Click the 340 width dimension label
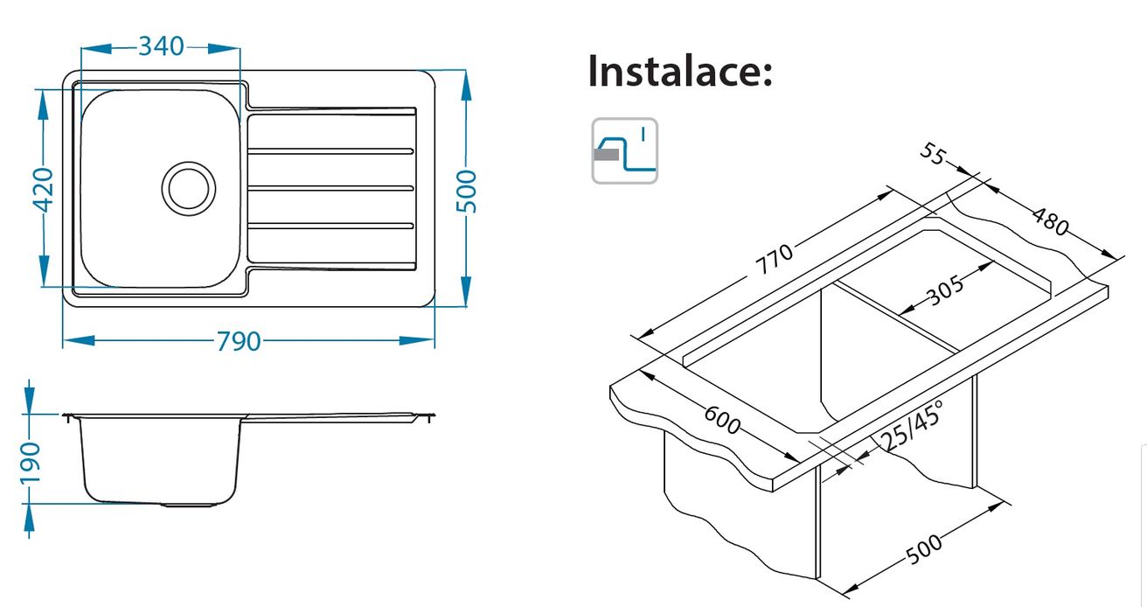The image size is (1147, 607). click(161, 46)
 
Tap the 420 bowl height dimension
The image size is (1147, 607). click(43, 190)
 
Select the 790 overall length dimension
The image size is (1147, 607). click(239, 341)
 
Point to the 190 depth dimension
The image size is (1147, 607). click(30, 463)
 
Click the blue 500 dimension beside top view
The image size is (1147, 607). click(467, 192)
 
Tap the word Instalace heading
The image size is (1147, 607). click(680, 71)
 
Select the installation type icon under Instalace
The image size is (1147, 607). click(625, 150)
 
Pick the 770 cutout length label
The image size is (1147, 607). click(775, 259)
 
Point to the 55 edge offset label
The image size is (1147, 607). click(934, 154)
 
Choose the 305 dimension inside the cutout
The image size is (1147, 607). click(945, 290)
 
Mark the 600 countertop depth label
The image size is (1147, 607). click(722, 420)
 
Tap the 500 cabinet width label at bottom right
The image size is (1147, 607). click(924, 549)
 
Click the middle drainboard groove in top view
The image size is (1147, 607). click(330, 189)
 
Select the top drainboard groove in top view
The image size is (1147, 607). click(330, 151)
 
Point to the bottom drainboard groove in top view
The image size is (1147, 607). click(330, 226)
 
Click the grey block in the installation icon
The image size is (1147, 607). click(606, 154)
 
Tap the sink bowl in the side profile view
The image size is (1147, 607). click(160, 461)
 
